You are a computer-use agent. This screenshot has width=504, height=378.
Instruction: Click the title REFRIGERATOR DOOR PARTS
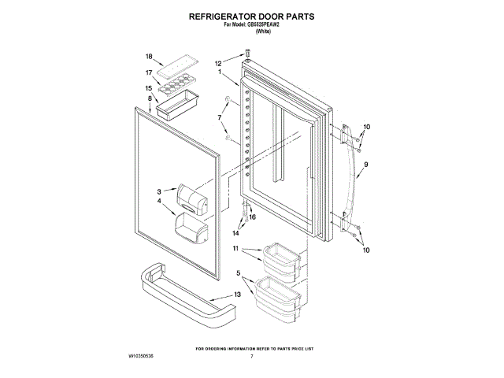(251, 15)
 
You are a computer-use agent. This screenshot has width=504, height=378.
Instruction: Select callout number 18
(148, 57)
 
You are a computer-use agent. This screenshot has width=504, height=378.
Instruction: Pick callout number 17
(148, 73)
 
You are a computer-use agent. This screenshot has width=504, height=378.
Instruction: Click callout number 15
(148, 88)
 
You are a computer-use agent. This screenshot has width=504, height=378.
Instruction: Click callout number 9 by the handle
(366, 165)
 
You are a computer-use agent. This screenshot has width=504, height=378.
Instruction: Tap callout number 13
(238, 295)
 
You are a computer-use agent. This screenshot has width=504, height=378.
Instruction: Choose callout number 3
(159, 191)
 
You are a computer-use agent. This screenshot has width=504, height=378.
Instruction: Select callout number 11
(235, 249)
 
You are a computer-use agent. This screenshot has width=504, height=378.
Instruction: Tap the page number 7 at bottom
(251, 357)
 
